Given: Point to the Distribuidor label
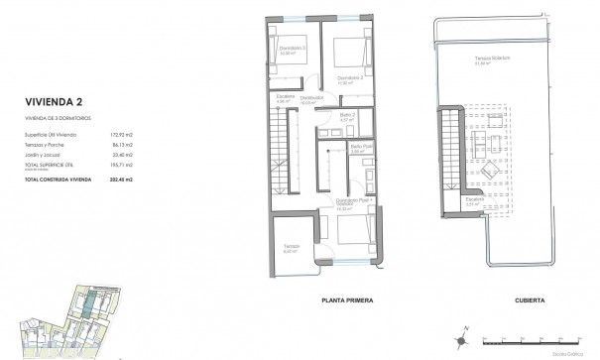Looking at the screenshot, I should point(313,98).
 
